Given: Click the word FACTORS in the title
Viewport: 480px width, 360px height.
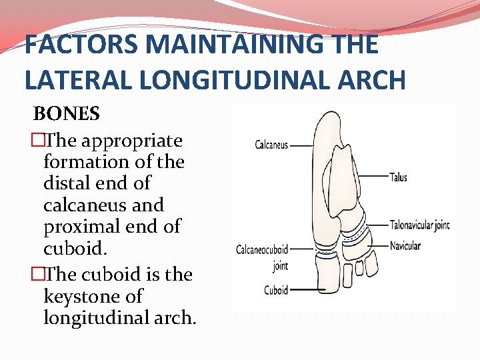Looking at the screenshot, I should click(81, 45).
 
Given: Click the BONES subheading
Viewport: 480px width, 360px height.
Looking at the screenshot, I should click(67, 114).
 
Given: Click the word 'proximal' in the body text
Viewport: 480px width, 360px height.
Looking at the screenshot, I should click(86, 227).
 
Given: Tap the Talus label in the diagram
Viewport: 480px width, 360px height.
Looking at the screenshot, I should click(399, 177).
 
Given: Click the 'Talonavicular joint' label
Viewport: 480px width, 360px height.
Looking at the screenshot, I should click(419, 225).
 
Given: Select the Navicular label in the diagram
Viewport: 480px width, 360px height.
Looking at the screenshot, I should click(405, 246).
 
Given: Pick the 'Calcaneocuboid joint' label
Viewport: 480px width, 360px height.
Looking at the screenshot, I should click(262, 256).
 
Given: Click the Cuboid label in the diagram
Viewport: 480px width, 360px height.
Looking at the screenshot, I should click(276, 290).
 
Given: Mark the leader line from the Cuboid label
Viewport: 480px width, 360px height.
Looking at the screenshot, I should click(307, 290).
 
